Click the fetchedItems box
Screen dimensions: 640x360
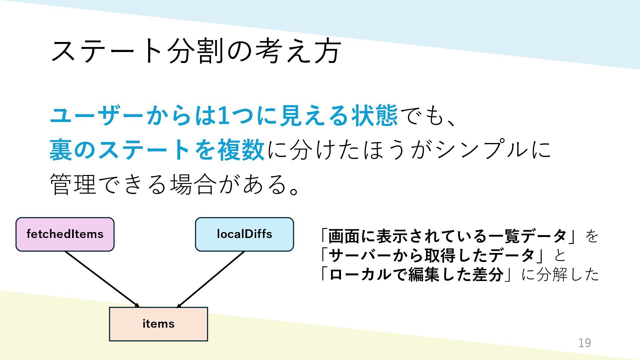pos(65,234)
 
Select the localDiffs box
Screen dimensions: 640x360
pos(244,234)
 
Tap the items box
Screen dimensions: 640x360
pos(158,324)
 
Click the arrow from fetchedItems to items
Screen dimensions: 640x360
pos(102,279)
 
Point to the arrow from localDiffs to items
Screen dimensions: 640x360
pos(211,279)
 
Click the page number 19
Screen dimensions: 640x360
pos(584,343)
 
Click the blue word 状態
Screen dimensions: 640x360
pos(374,116)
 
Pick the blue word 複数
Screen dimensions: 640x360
pos(241,150)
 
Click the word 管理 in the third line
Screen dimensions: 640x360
pos(73,184)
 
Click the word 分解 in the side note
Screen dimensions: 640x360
pos(552,275)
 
